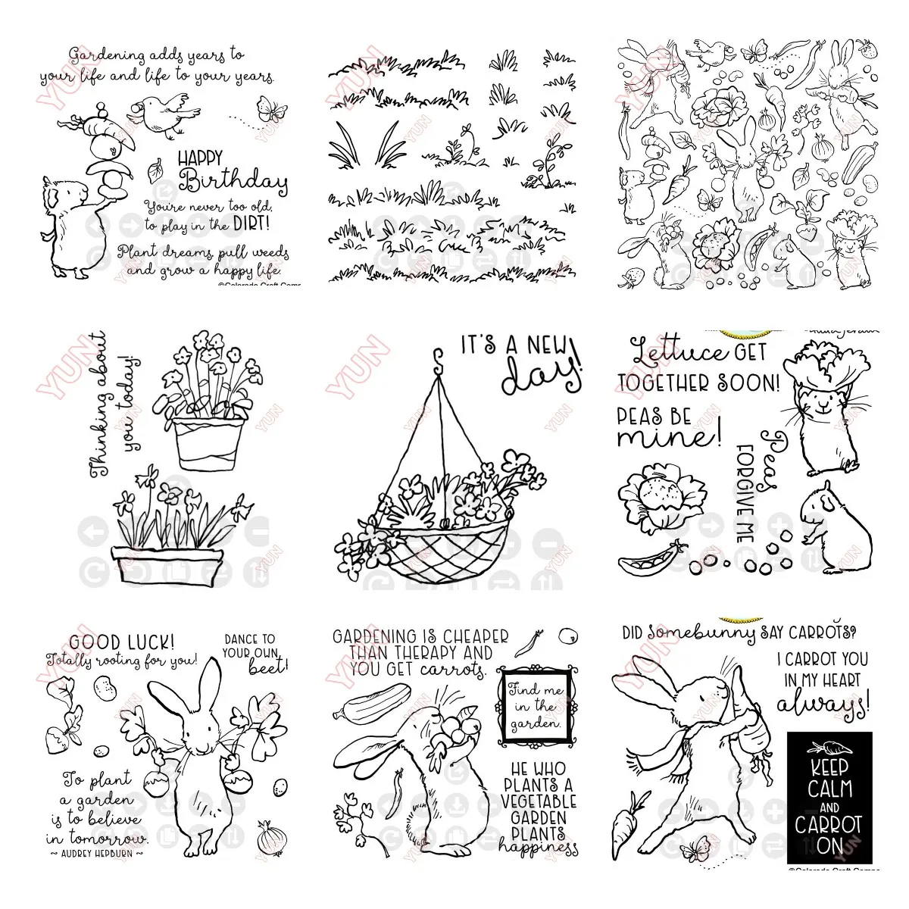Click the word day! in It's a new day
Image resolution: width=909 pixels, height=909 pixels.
(x=539, y=376)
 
